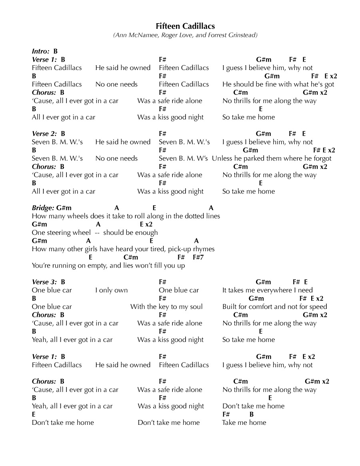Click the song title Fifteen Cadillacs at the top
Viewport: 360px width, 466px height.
coord(185,26)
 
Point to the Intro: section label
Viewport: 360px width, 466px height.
coord(41,51)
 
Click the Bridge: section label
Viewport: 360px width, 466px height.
coord(43,208)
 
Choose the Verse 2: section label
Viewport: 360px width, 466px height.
coord(44,134)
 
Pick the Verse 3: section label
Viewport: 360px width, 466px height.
coord(44,282)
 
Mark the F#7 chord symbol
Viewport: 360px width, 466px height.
coord(198,257)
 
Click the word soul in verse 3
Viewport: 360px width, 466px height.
coord(196,307)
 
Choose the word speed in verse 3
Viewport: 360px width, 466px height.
coord(318,307)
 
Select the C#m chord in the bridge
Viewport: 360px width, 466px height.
coord(131,257)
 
